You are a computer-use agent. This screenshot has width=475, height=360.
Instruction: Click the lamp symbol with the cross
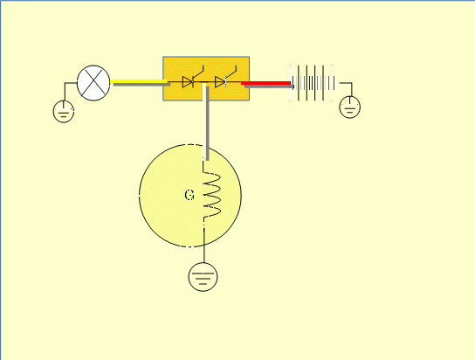click(x=93, y=83)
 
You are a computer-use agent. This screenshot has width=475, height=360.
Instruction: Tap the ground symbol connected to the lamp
click(x=64, y=112)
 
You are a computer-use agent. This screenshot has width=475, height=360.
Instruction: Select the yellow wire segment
click(x=139, y=81)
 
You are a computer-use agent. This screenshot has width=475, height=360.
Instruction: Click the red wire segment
click(x=265, y=83)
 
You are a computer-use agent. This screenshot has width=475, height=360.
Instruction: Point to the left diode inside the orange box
click(x=188, y=82)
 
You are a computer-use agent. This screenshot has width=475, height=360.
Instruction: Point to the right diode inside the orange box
click(x=220, y=82)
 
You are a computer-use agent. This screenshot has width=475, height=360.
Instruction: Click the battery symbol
click(x=313, y=83)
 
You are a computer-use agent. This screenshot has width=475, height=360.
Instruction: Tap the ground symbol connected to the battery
click(x=350, y=107)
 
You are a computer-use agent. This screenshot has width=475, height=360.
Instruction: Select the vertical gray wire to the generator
click(x=208, y=122)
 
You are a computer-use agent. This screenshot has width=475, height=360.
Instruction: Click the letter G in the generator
click(x=189, y=195)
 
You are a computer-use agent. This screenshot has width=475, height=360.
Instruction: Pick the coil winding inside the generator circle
click(x=212, y=195)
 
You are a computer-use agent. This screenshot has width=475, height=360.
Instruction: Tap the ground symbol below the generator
click(x=203, y=277)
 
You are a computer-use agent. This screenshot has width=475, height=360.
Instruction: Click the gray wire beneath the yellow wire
click(x=141, y=85)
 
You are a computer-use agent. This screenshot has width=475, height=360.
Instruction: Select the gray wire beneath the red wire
click(x=269, y=87)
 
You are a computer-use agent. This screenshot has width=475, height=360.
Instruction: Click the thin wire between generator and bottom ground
click(x=203, y=246)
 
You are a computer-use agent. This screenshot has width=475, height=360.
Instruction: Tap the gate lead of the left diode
click(x=198, y=73)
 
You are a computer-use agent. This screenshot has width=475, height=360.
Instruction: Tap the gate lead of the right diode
click(x=231, y=73)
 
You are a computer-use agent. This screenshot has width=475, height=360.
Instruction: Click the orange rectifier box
click(x=206, y=79)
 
